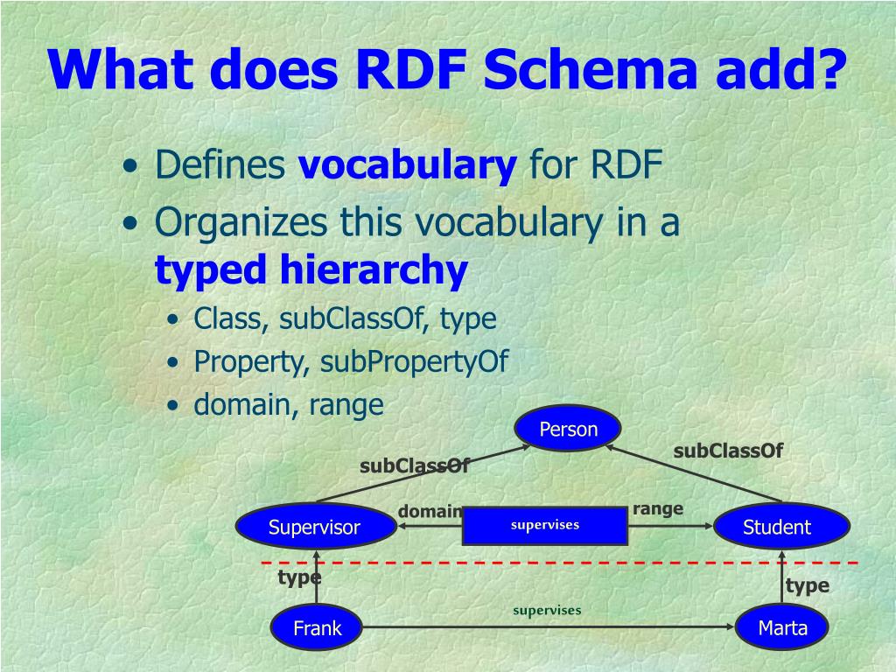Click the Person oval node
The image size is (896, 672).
[568, 430]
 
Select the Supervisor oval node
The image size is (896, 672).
[314, 527]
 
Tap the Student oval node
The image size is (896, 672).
[777, 527]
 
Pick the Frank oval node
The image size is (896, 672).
[317, 627]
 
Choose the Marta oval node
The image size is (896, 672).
[782, 627]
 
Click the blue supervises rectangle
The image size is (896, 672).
[545, 525]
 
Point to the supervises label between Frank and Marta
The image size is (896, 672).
[547, 610]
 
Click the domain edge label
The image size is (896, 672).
[430, 511]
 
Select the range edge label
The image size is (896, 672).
[658, 508]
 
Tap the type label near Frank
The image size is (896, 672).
[299, 577]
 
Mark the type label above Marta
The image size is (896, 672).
[807, 586]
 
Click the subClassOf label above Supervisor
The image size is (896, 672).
[415, 466]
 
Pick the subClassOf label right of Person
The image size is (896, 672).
[728, 451]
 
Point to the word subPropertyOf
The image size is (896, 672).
[414, 361]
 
